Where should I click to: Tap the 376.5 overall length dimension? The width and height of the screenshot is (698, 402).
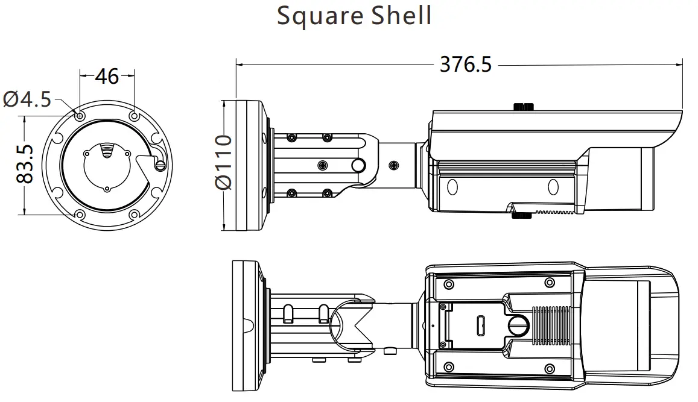[x=465, y=64]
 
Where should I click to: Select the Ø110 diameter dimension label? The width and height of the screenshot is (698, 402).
[x=224, y=162]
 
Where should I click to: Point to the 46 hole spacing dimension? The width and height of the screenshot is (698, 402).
[x=107, y=77]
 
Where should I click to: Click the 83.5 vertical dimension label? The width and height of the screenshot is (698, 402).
[x=25, y=164]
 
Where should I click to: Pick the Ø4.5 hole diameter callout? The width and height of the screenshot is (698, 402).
[x=27, y=99]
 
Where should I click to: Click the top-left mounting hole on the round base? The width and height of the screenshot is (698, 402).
[x=80, y=115]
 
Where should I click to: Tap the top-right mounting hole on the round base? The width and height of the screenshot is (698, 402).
[x=134, y=115]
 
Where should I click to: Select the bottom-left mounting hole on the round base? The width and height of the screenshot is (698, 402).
[x=80, y=214]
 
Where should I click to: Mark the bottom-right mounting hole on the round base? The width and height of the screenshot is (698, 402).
[x=134, y=214]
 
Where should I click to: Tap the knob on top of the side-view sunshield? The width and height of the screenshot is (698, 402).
[x=523, y=107]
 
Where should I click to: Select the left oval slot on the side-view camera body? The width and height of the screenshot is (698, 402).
[x=452, y=186]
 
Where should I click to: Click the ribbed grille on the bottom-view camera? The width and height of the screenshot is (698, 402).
[x=550, y=325]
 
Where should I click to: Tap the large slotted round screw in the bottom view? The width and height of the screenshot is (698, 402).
[x=518, y=326]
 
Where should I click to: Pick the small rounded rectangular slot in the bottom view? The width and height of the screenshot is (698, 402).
[x=481, y=326]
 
